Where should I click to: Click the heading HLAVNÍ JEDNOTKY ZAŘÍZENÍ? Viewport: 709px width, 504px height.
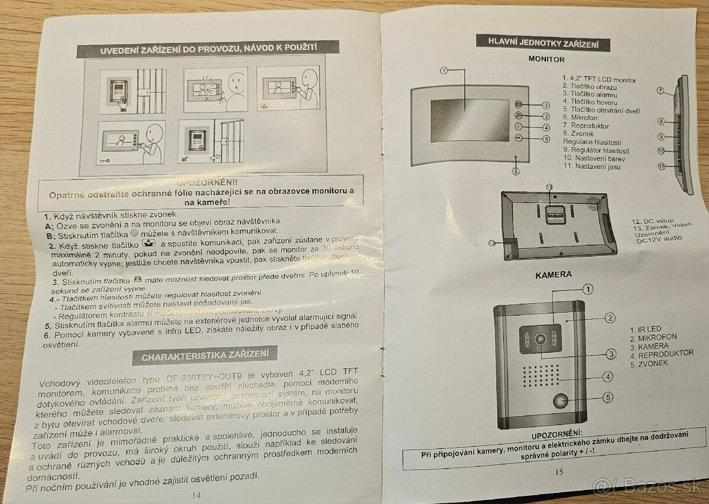tap(542, 42)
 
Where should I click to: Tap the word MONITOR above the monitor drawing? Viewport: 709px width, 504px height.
tap(546, 60)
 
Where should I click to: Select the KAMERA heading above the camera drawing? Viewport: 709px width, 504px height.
tap(553, 275)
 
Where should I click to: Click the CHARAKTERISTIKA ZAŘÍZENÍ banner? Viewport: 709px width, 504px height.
tap(209, 356)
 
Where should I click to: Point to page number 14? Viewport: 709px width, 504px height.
tap(196, 495)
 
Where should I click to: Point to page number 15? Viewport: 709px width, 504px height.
tap(560, 471)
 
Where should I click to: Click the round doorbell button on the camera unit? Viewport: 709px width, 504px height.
tap(560, 402)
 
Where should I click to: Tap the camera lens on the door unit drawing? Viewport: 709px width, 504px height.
tap(540, 340)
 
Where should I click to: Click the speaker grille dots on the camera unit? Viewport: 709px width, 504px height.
tap(541, 374)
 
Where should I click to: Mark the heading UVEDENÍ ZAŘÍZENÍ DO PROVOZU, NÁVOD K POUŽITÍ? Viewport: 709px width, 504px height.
tap(208, 49)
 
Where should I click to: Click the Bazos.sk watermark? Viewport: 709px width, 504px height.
tap(648, 486)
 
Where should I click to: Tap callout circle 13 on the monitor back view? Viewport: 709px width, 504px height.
tap(549, 187)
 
